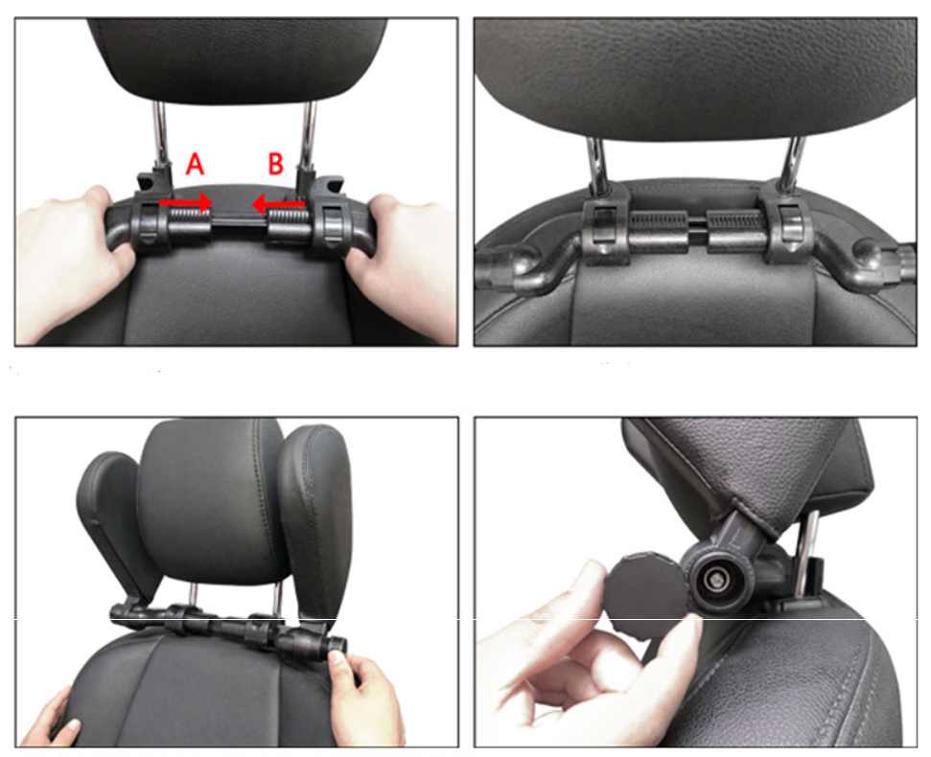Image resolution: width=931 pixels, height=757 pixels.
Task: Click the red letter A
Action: click(195, 165)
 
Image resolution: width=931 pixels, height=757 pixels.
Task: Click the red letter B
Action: click(275, 165)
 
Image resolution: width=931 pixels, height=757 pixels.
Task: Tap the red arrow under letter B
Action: click(279, 202)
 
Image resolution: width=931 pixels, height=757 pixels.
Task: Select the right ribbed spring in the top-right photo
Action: click(737, 230)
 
